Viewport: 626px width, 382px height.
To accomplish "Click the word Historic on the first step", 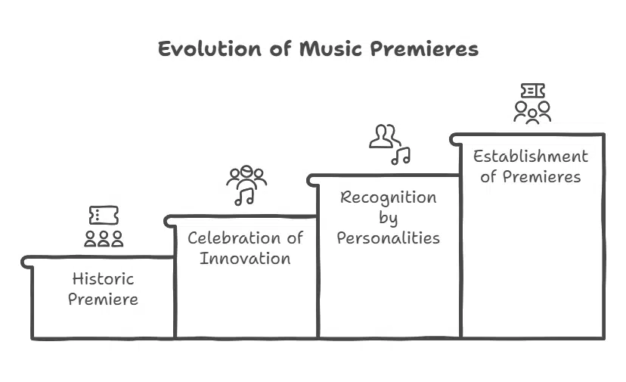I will (x=103, y=278).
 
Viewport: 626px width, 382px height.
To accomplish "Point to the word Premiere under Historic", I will (x=103, y=299).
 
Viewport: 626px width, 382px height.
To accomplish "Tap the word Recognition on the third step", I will (x=388, y=197).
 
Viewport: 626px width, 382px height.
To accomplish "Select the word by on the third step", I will (x=388, y=218).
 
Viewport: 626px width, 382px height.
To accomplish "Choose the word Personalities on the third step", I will (x=388, y=238).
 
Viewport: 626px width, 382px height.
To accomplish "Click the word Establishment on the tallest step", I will (x=530, y=157).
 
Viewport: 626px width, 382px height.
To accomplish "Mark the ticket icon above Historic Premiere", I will (x=104, y=216).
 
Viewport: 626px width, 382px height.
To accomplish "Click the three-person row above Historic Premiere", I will (x=104, y=239).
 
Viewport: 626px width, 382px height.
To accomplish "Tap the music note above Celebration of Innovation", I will (x=244, y=197).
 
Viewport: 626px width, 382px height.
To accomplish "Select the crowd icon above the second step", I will (x=246, y=177).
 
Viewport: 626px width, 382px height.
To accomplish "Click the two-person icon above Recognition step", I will (x=384, y=136).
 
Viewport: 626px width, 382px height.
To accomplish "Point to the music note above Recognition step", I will (x=401, y=156).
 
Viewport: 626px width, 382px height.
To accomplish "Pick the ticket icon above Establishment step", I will (x=532, y=91).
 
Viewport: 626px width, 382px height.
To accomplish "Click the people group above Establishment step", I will (x=532, y=112).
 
